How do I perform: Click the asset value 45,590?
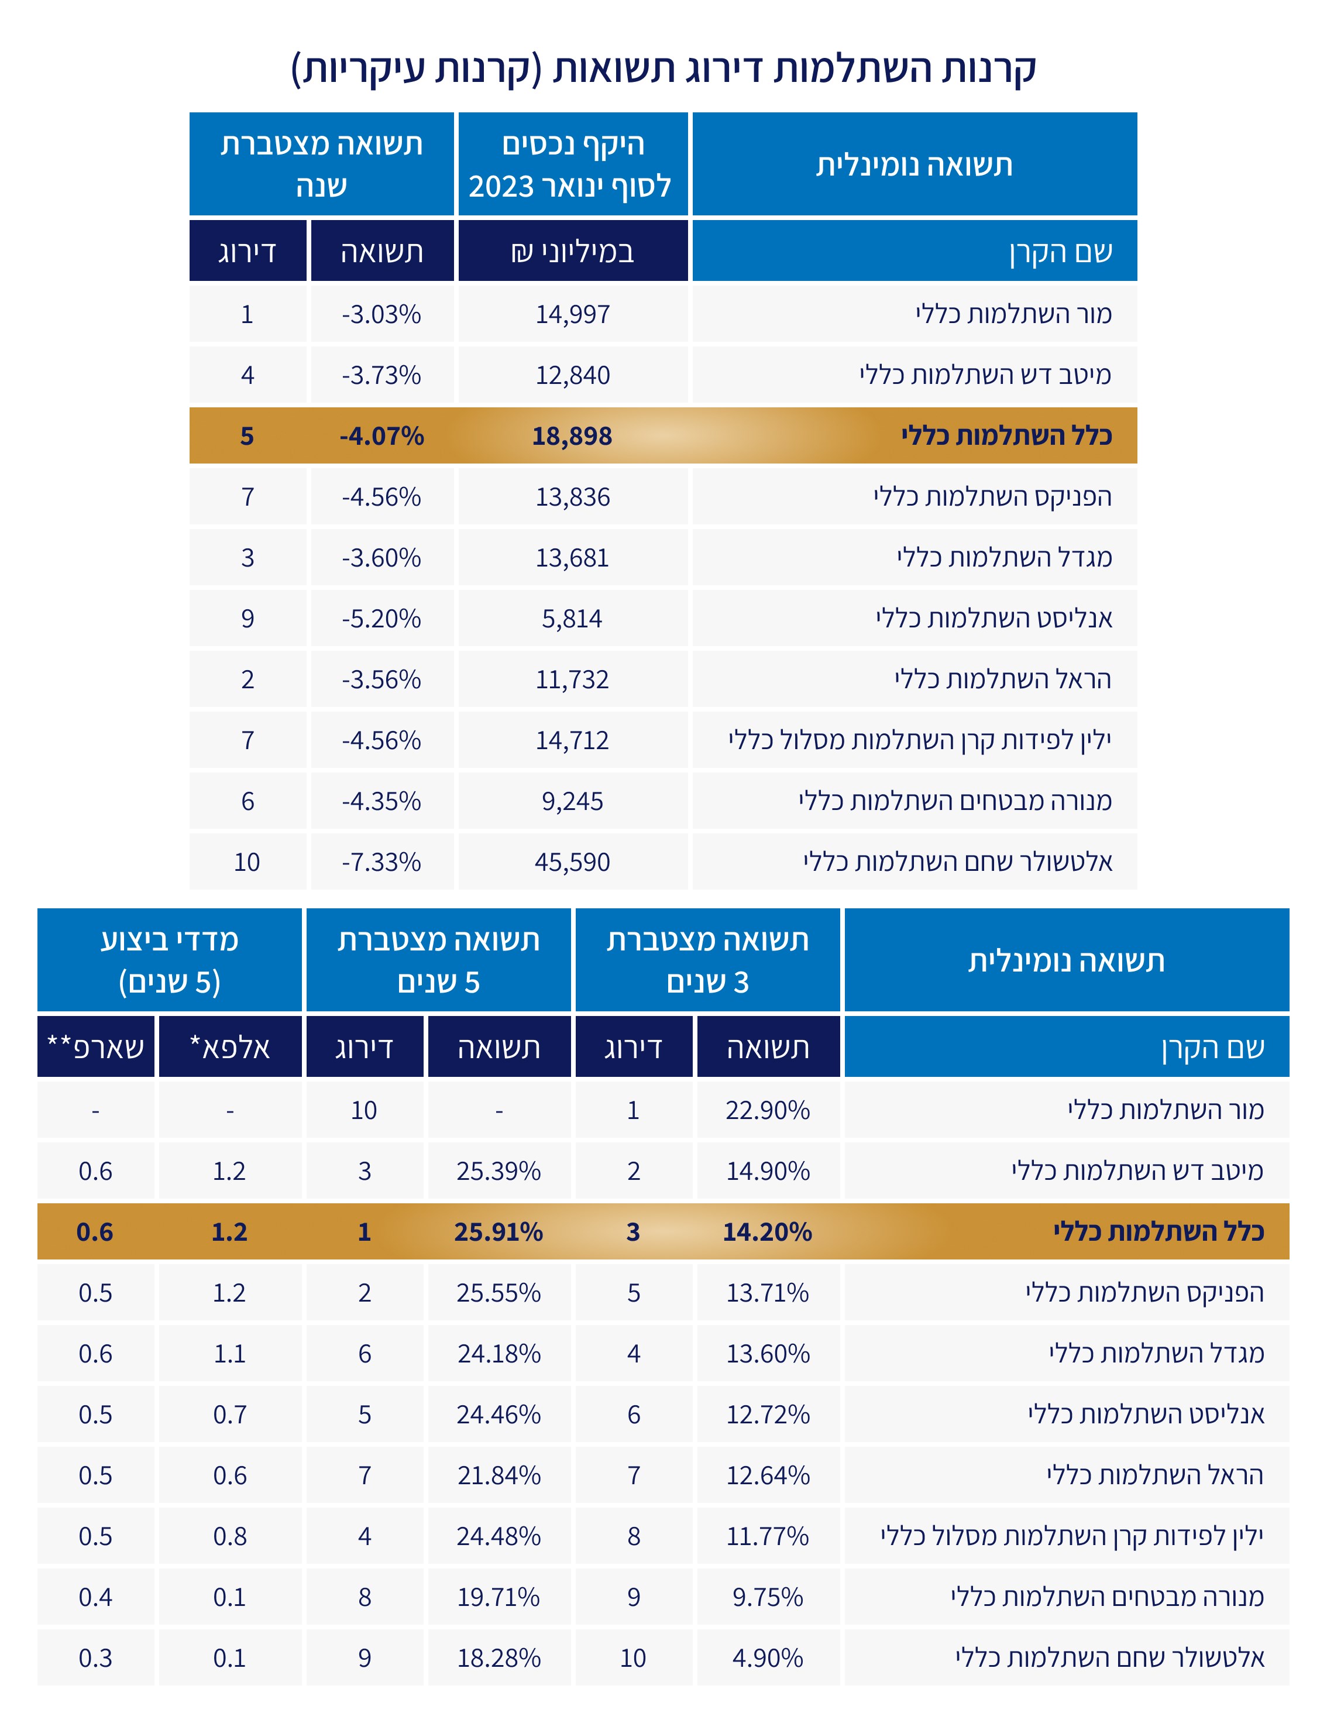coord(572,861)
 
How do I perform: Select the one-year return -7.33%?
coord(381,861)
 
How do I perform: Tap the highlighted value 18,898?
coord(572,435)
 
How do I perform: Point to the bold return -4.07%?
coord(381,435)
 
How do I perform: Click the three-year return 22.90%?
coord(768,1110)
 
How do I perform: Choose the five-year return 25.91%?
coord(499,1231)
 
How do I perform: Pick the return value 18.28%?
coord(499,1657)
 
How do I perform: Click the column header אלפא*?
coord(230,1047)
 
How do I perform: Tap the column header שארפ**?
coord(95,1047)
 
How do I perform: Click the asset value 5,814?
coord(572,619)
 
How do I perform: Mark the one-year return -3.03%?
coord(381,314)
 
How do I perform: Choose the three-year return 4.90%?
coord(768,1657)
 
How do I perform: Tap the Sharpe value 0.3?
coord(95,1657)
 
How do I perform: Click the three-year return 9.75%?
coord(768,1597)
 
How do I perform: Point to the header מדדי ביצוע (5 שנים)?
coord(170,960)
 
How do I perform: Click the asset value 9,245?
coord(572,801)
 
